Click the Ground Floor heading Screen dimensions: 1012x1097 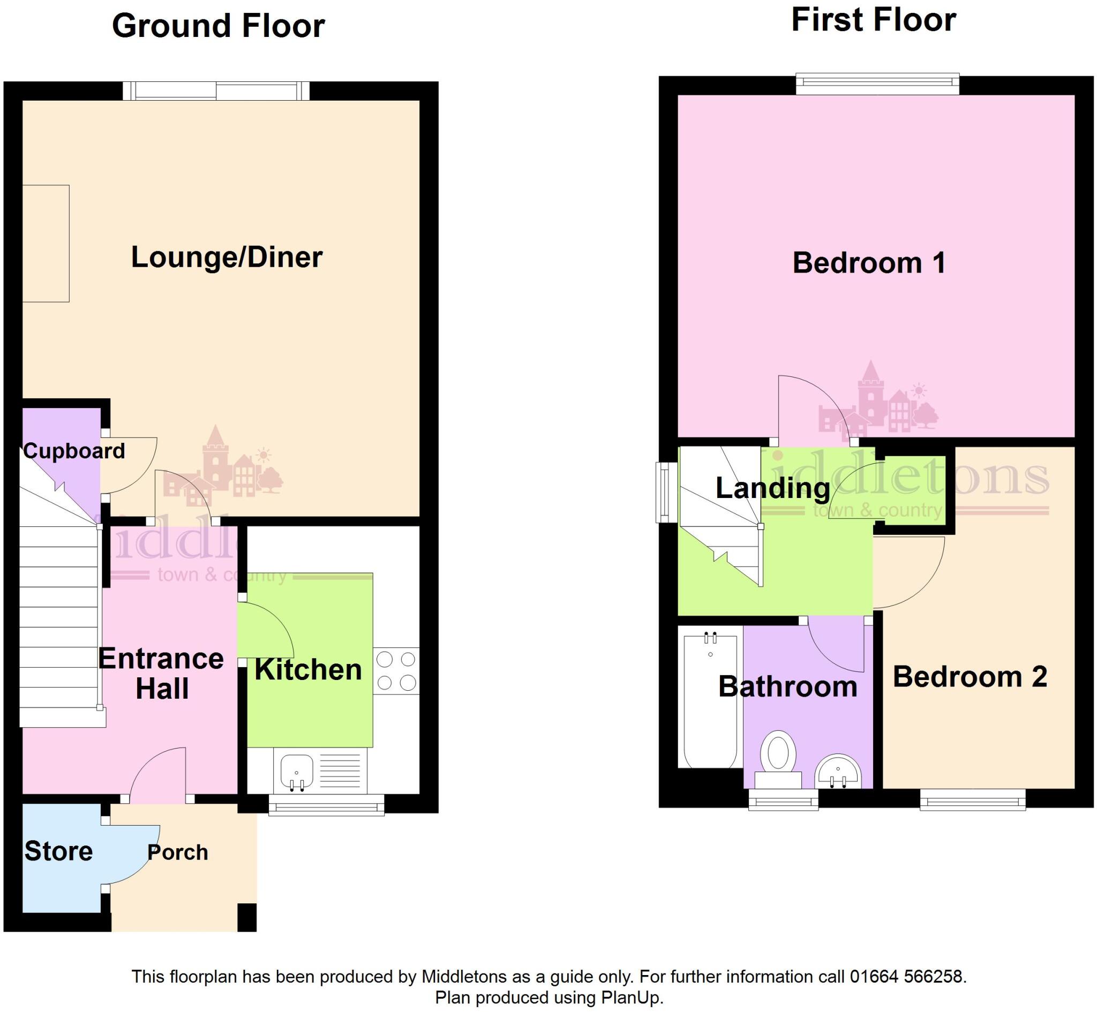tap(218, 26)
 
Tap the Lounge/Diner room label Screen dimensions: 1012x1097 tap(227, 258)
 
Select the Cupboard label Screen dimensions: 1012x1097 tap(74, 451)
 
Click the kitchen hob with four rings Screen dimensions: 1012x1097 tap(396, 671)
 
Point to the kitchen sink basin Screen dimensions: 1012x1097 tap(296, 771)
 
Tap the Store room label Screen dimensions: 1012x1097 tap(58, 851)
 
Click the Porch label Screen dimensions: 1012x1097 tap(177, 852)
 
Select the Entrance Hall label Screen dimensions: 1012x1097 tap(162, 674)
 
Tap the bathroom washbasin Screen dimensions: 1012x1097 tap(837, 772)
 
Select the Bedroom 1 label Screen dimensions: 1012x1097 tap(869, 263)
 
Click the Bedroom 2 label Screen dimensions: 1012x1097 tap(970, 677)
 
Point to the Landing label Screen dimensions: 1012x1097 tap(773, 488)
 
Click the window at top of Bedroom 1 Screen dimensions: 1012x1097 tap(877, 85)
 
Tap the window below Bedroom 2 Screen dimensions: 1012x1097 tap(972, 800)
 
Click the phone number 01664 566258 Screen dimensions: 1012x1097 tap(907, 977)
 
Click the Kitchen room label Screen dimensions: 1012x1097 tap(309, 670)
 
